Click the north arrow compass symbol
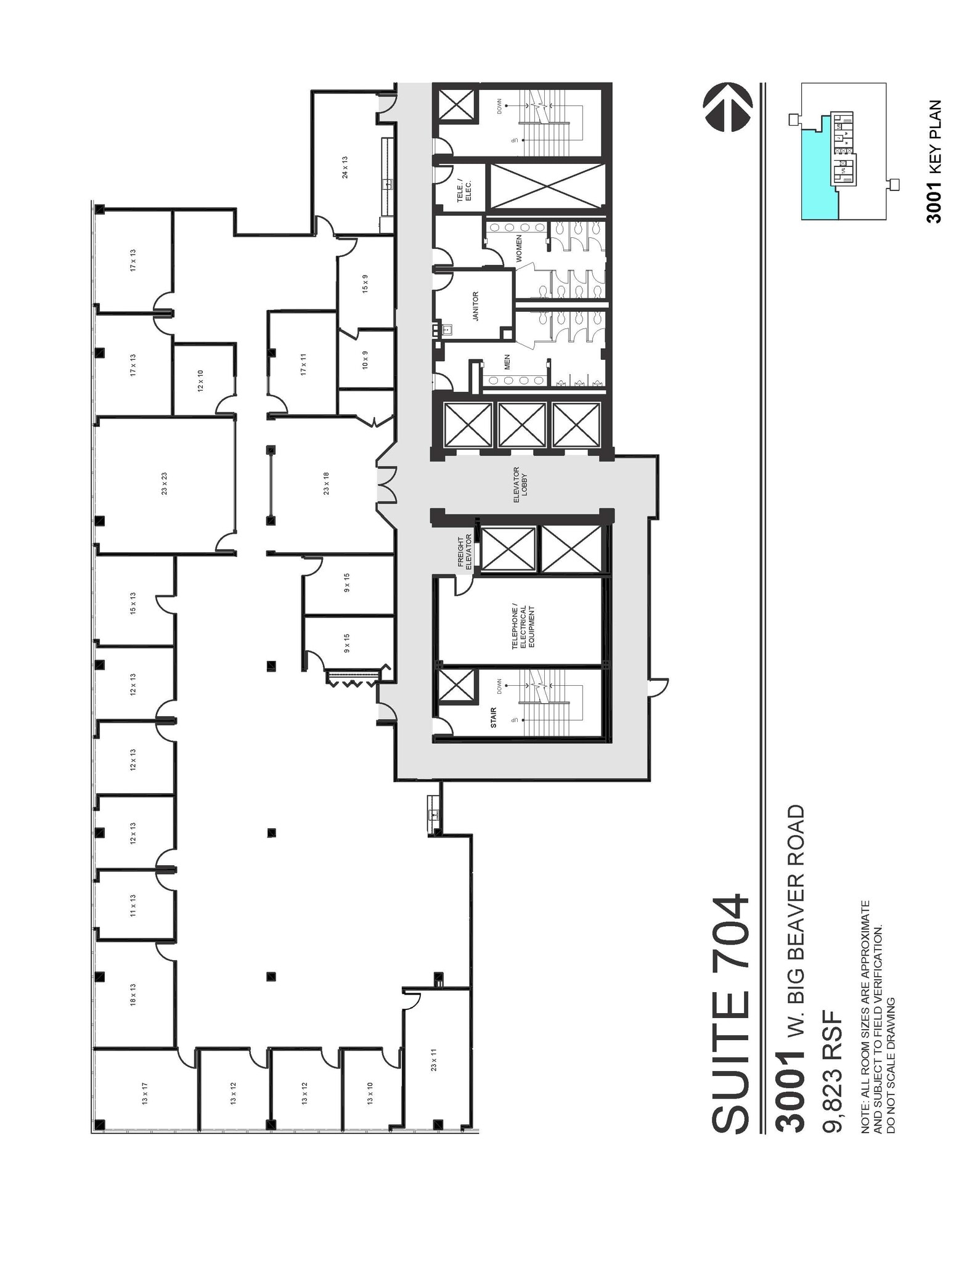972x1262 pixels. (x=727, y=107)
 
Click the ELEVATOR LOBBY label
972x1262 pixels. (x=520, y=484)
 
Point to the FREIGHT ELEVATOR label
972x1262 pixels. (x=464, y=552)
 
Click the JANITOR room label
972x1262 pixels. (x=475, y=306)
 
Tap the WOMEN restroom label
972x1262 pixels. (x=519, y=248)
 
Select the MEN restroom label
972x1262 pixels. (x=507, y=362)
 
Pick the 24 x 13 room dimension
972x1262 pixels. (x=345, y=167)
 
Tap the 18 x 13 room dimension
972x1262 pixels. (x=133, y=995)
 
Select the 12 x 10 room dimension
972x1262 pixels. (x=200, y=381)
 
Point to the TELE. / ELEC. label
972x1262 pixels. (x=464, y=189)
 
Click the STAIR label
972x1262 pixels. (x=493, y=718)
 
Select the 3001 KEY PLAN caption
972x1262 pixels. (x=934, y=161)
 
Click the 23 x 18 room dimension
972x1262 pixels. (x=326, y=484)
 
